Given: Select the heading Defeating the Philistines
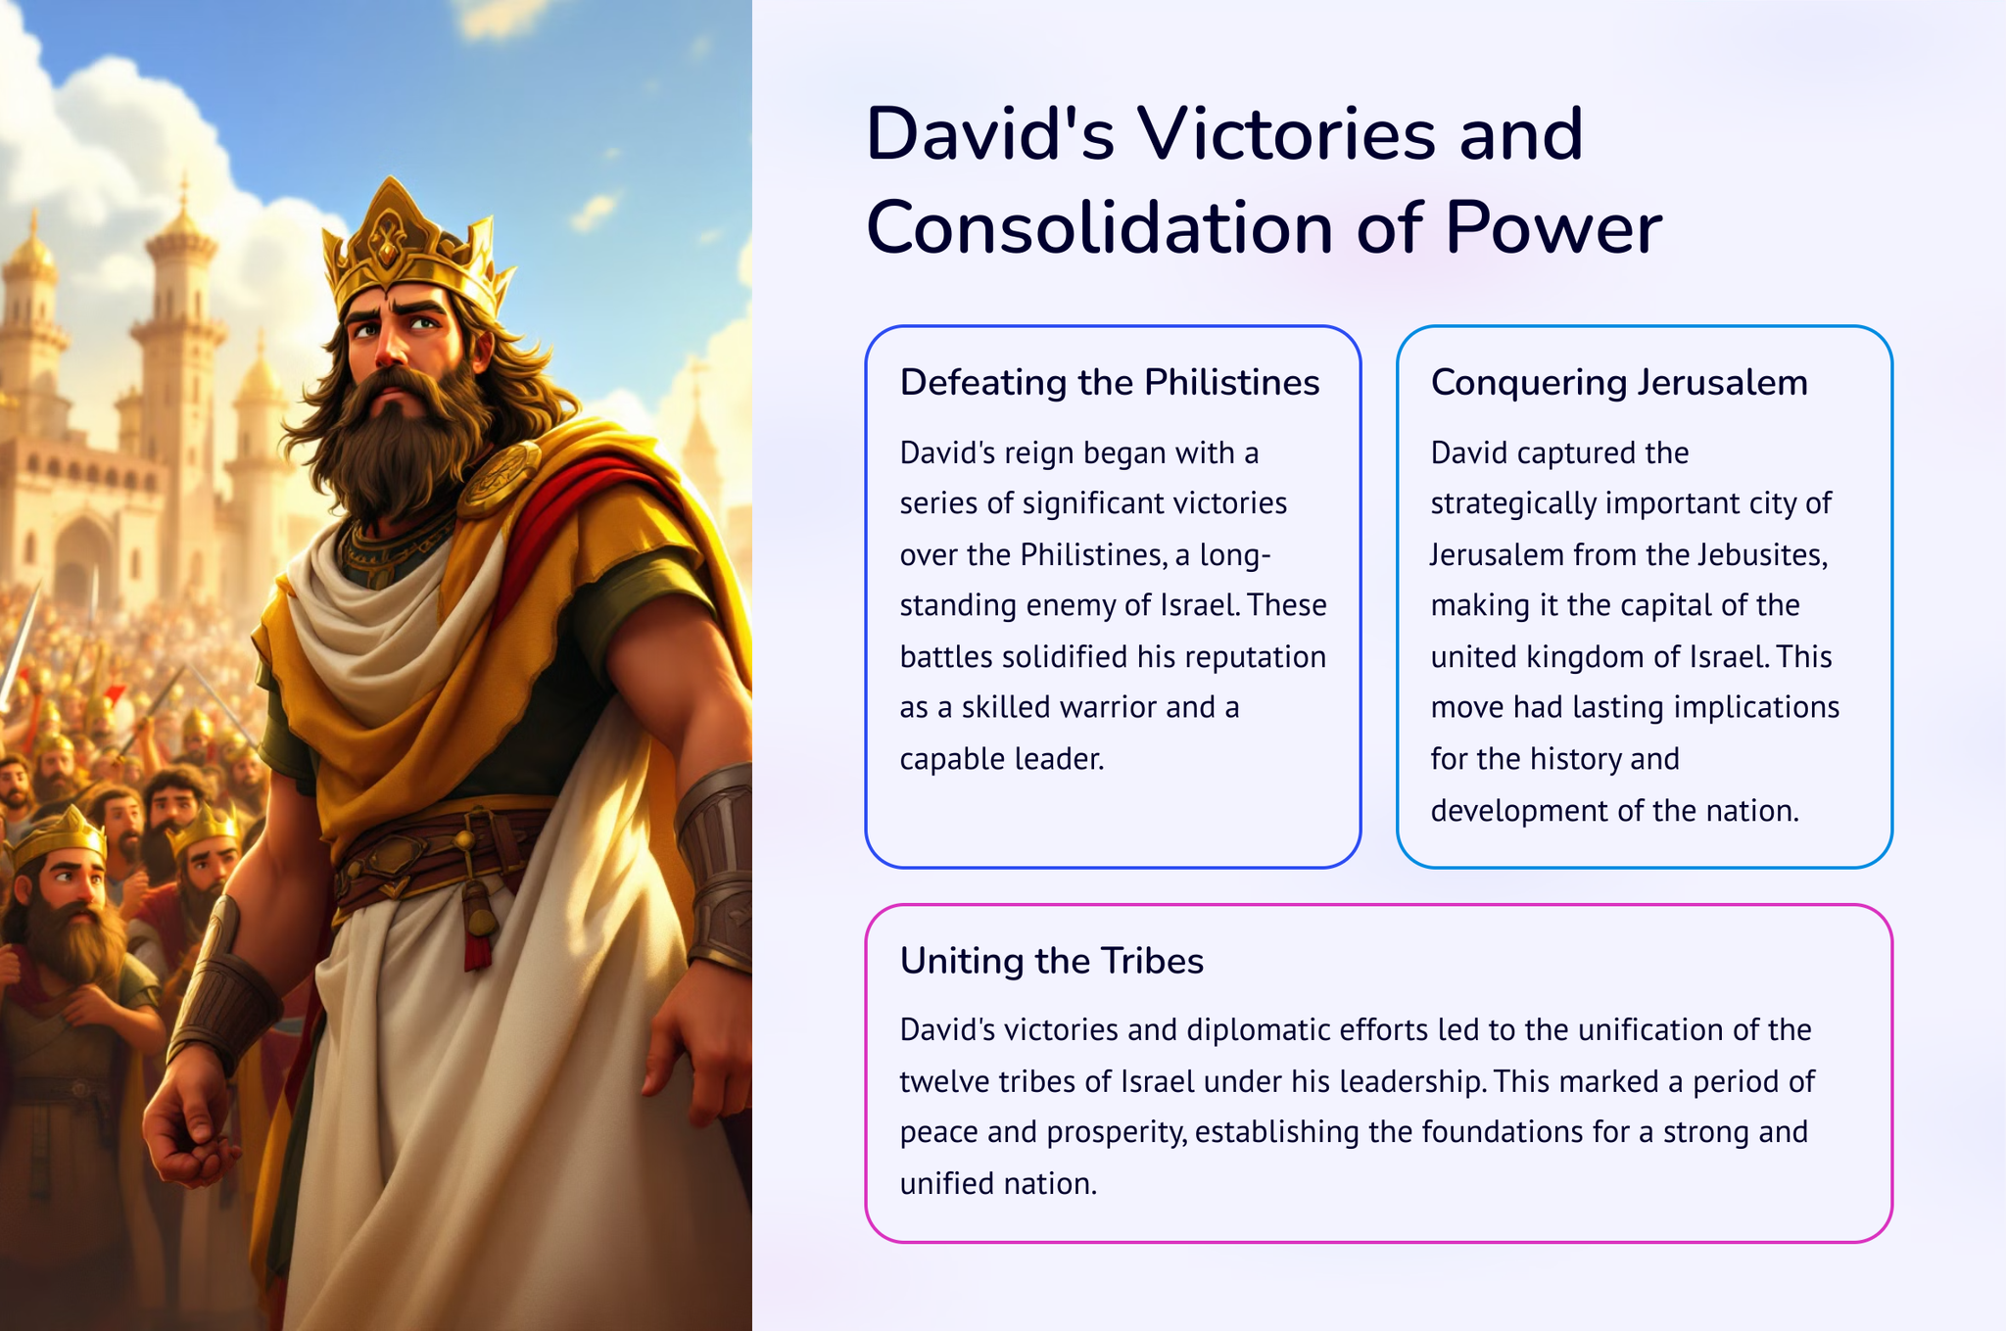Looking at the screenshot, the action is tap(1110, 382).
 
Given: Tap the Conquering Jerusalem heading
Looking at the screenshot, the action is tap(1619, 382).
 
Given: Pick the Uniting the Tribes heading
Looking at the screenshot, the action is tap(1052, 961).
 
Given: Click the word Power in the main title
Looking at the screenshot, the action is tap(1553, 227).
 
